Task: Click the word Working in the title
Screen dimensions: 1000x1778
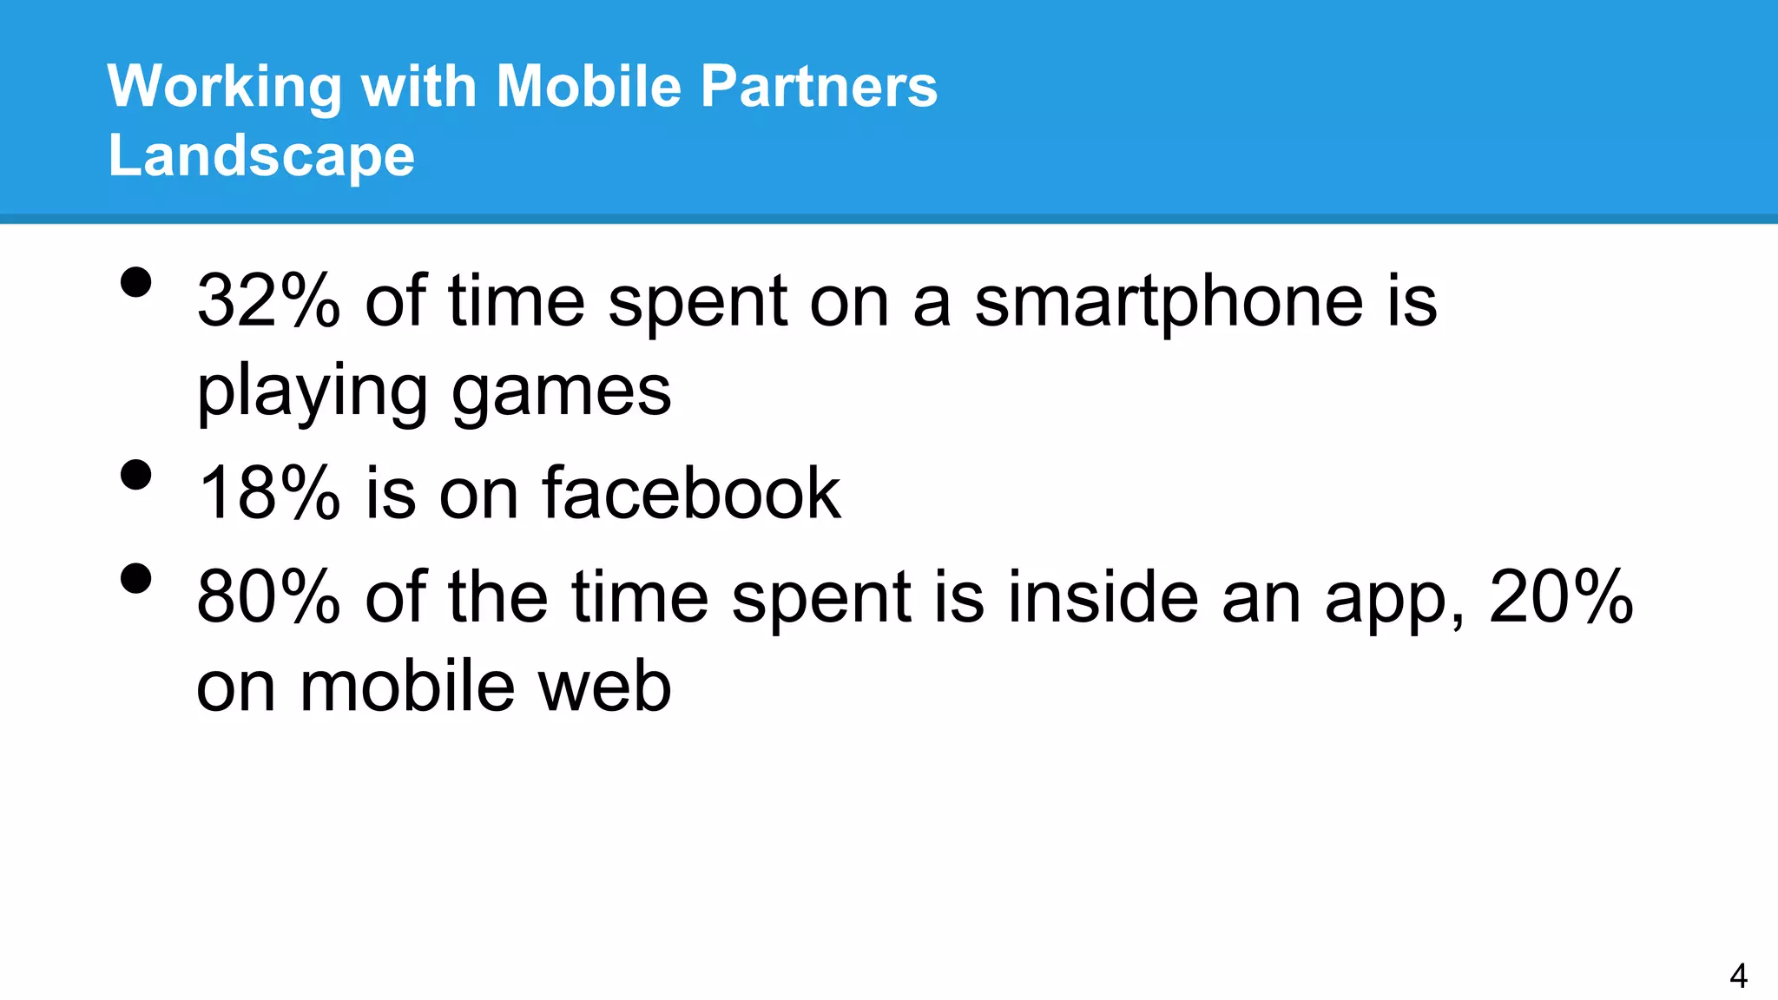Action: tap(224, 88)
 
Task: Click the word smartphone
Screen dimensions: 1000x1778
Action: tap(1169, 302)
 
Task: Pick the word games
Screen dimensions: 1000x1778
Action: tap(561, 392)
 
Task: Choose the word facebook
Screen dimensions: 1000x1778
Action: tap(691, 492)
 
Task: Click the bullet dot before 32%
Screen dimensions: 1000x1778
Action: tap(136, 282)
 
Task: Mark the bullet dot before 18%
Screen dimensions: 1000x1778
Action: tap(136, 474)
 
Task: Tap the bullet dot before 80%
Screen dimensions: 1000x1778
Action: tap(136, 578)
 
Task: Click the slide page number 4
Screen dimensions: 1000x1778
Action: tap(1738, 976)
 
